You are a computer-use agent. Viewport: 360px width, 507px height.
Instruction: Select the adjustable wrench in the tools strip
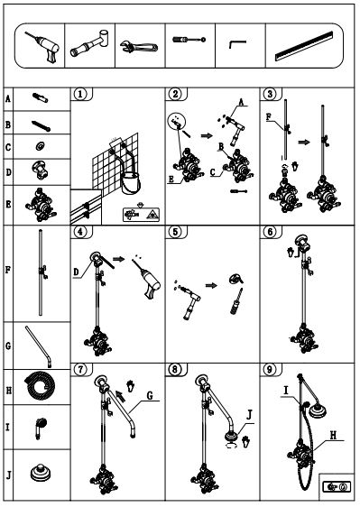click(139, 47)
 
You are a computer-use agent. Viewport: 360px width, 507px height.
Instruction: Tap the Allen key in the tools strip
click(237, 44)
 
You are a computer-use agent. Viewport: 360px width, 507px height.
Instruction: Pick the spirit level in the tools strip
click(304, 46)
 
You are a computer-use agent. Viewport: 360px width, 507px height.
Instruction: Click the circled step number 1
click(80, 94)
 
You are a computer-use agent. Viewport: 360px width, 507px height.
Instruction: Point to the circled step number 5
click(175, 232)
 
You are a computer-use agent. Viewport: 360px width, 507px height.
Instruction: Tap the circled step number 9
click(270, 369)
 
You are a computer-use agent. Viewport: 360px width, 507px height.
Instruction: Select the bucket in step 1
click(131, 183)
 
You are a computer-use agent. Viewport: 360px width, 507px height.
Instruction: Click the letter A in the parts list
click(8, 98)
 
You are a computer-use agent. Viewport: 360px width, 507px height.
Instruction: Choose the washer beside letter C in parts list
click(40, 146)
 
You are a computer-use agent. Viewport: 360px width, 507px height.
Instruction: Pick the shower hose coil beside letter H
click(40, 386)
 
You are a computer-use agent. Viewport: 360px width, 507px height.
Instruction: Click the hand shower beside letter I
click(40, 428)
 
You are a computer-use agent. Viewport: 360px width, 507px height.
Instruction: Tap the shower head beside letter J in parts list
click(42, 474)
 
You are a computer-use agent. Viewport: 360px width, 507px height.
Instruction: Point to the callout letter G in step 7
click(150, 395)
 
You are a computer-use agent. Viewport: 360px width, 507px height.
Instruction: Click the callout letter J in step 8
click(249, 415)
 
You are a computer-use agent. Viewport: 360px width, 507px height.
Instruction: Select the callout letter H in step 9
click(333, 435)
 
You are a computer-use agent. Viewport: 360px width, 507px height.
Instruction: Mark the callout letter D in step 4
click(76, 272)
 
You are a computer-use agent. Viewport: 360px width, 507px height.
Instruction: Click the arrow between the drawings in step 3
click(304, 142)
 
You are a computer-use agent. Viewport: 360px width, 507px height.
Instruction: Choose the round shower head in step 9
click(318, 410)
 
